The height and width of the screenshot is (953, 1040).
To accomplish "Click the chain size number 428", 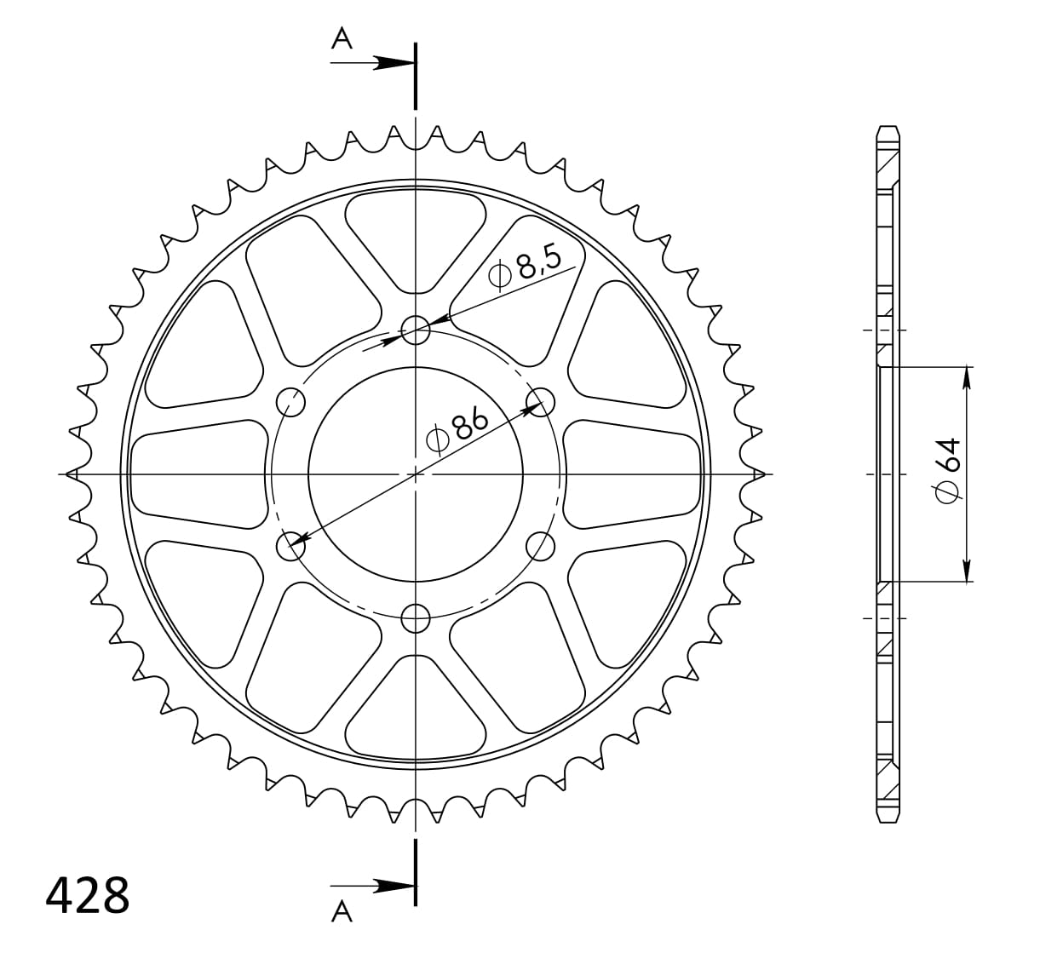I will pos(87,895).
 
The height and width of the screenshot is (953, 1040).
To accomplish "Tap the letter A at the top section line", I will pos(342,38).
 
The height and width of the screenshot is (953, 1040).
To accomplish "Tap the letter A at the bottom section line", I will pos(342,912).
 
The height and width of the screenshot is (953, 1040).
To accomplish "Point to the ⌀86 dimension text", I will pos(457,428).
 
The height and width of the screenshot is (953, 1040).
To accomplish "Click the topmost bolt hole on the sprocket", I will pos(416,329).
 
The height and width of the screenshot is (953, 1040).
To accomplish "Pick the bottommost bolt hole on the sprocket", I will pos(416,617).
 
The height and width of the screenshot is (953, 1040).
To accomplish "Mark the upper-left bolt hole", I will pos(291,401).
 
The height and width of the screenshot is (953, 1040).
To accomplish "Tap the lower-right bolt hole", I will pos(540,546).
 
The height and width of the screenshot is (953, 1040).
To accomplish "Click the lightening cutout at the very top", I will pos(416,234).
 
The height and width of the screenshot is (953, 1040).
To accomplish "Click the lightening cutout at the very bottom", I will pos(416,711).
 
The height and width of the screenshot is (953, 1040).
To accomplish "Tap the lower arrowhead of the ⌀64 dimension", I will pos(968,571).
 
